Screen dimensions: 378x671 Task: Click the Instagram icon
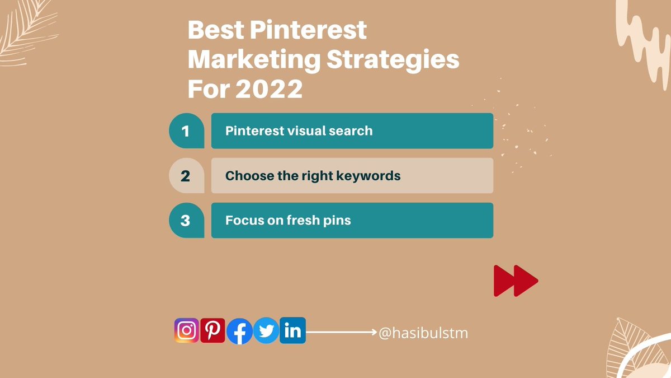click(187, 330)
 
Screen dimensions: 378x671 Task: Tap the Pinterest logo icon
click(212, 330)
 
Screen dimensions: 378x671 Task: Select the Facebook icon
click(239, 332)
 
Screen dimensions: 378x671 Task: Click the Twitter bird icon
click(266, 332)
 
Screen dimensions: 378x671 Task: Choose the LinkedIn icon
click(292, 330)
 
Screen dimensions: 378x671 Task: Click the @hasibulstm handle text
click(423, 333)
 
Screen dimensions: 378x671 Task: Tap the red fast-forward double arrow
click(516, 281)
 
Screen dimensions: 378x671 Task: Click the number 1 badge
click(186, 131)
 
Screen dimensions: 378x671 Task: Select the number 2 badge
click(186, 176)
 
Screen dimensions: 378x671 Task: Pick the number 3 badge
click(186, 221)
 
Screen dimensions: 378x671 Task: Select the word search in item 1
click(350, 131)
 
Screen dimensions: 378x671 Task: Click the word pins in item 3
click(338, 221)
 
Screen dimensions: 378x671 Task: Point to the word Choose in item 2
click(246, 176)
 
